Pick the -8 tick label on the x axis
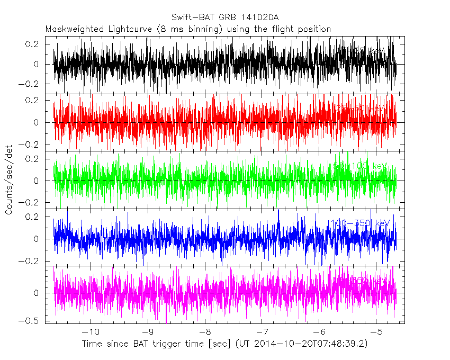[x=204, y=332]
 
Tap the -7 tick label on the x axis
[x=262, y=332]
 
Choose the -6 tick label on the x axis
[x=318, y=332]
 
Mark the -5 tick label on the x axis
[x=375, y=332]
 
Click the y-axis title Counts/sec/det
[x=9, y=180]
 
